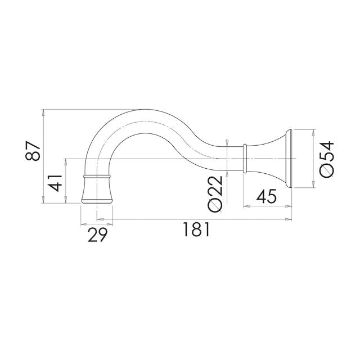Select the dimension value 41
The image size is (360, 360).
coord(55,183)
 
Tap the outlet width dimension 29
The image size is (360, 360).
coord(96,233)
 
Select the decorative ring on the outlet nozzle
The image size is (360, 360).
coord(96,177)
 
